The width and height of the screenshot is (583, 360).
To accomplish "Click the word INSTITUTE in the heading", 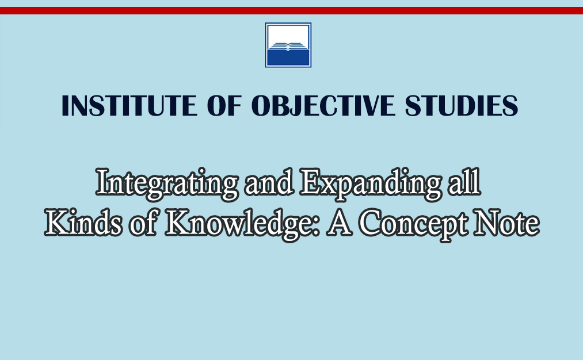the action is tap(129, 105).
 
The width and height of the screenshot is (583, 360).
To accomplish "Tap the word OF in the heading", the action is tap(224, 105).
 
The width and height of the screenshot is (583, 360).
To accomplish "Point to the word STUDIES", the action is tap(461, 105).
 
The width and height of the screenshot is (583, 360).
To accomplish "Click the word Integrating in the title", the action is tap(167, 183).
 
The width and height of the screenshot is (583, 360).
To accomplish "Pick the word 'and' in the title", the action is tap(269, 183).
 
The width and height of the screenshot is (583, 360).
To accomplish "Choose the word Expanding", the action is tap(371, 183).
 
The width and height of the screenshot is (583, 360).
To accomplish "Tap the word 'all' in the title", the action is tap(464, 182).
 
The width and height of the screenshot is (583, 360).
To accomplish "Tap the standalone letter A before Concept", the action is tap(339, 223).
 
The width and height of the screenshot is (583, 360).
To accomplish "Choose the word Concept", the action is tap(413, 224).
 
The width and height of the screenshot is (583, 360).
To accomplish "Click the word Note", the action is tap(506, 223).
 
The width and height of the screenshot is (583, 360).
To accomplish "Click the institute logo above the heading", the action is tap(288, 45).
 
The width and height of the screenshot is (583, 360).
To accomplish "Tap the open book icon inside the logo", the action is tap(288, 46).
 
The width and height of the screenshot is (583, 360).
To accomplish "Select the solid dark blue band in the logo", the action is tap(288, 58).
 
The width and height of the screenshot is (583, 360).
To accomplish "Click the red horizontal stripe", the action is tap(291, 10).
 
